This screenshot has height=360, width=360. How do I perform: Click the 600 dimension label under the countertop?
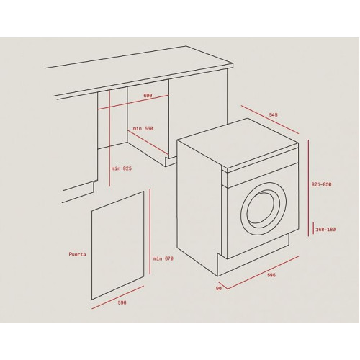[x=148, y=96]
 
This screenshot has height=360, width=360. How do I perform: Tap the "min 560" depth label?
[x=143, y=129]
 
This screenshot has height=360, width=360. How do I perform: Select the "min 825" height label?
[x=122, y=168]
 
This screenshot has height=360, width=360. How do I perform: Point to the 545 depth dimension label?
[x=273, y=115]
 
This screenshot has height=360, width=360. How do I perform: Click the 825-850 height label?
[x=321, y=184]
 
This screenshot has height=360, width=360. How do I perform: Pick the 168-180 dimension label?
[x=325, y=230]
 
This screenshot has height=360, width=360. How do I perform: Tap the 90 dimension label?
[x=219, y=289]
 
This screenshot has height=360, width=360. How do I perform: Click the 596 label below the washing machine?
[x=271, y=275]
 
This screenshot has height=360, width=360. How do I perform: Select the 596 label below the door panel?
[x=122, y=303]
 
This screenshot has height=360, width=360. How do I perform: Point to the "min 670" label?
[x=163, y=258]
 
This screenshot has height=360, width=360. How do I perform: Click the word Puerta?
[x=77, y=254]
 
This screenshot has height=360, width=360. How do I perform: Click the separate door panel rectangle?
[x=117, y=246]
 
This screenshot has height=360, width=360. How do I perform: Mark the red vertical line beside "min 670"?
[x=150, y=232]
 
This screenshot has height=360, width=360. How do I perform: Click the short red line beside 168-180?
[x=313, y=228]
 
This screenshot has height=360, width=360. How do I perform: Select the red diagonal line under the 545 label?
[x=270, y=120]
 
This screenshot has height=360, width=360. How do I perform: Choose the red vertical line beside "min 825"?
[x=109, y=138]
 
